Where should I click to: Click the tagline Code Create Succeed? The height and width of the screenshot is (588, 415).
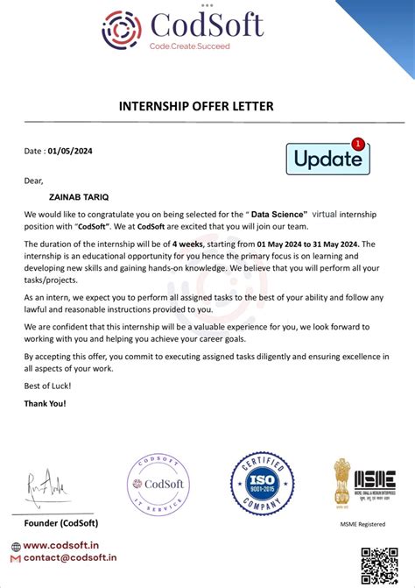point(190,46)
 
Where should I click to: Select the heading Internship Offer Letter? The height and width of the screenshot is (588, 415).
point(196,107)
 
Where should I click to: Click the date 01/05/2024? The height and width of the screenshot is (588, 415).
point(70,151)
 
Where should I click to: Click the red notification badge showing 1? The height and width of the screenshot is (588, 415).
point(356,143)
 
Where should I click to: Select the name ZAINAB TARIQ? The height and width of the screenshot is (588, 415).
point(81,198)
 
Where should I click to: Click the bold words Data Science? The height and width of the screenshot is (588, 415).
point(279,214)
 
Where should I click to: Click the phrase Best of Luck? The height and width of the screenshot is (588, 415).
point(48,386)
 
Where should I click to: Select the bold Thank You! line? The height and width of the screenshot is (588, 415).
point(46,404)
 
